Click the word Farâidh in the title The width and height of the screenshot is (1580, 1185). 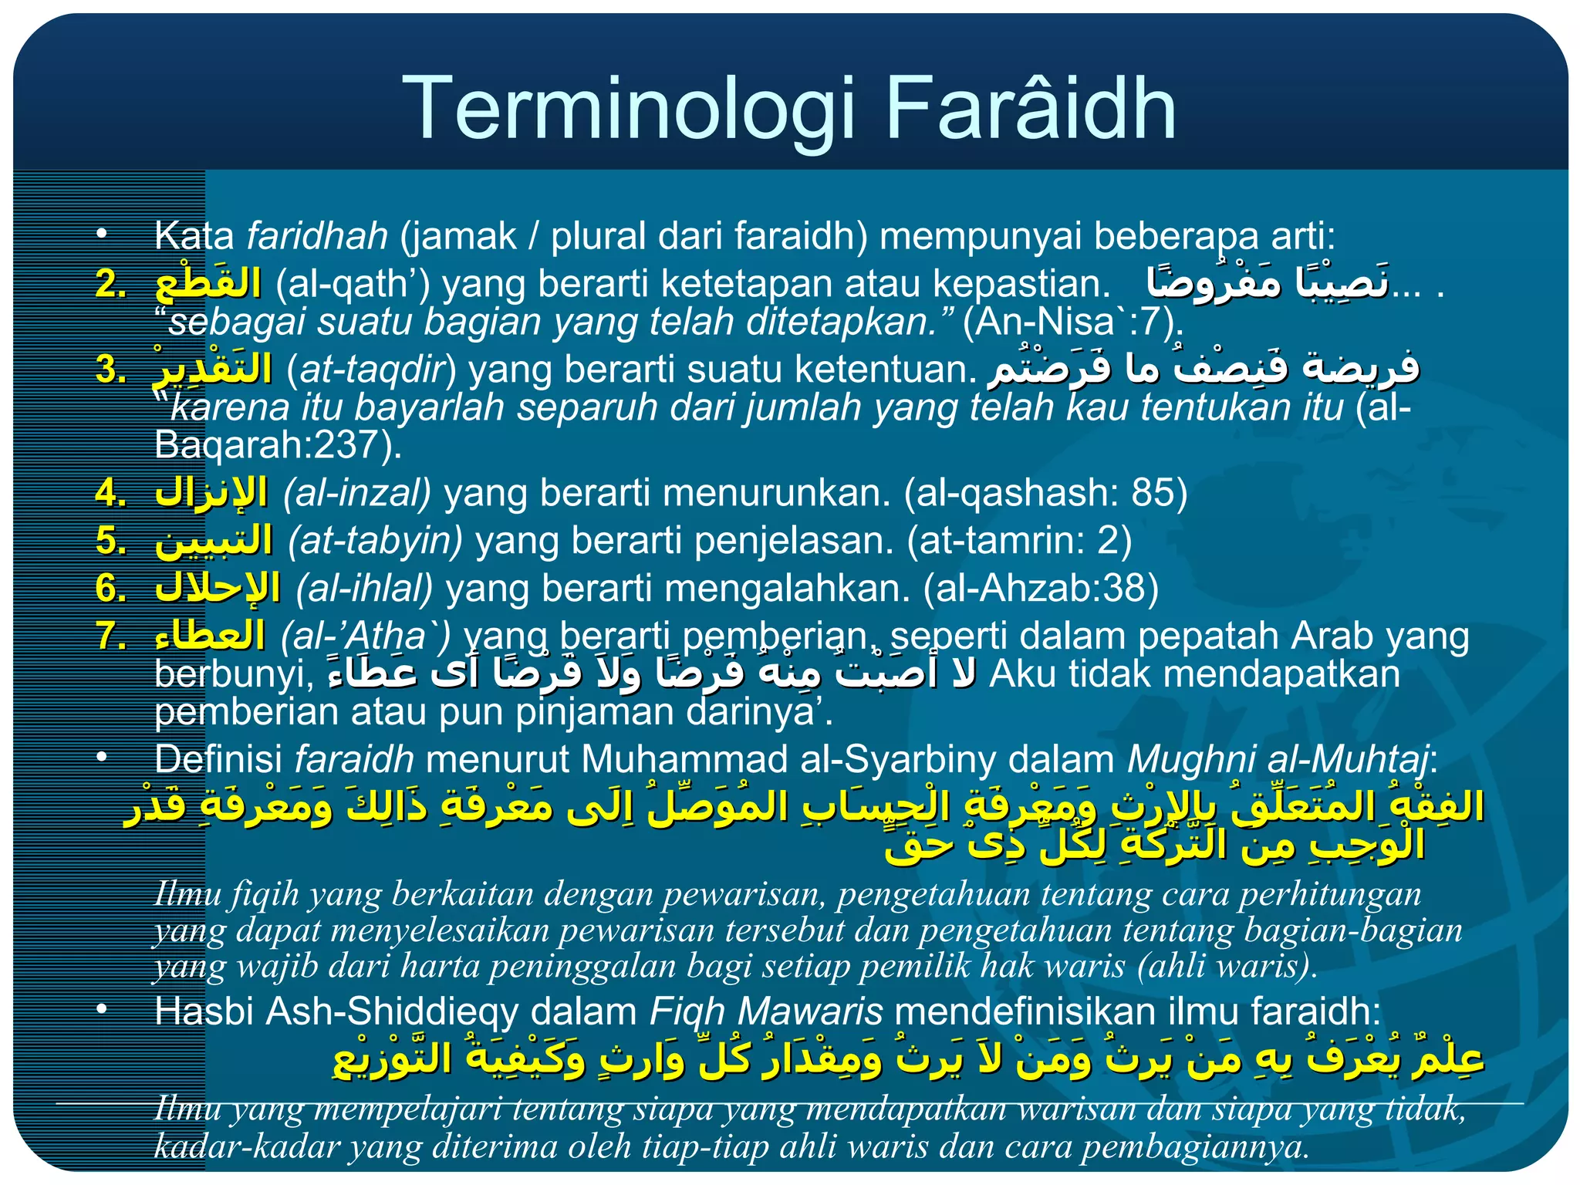[1031, 110]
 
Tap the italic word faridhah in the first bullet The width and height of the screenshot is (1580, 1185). [317, 236]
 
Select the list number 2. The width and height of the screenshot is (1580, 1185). [110, 284]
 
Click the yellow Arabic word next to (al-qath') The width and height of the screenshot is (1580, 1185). [208, 283]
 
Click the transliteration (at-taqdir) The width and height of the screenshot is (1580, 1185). [371, 369]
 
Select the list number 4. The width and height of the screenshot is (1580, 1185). [110, 493]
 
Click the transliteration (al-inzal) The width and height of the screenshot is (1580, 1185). [356, 493]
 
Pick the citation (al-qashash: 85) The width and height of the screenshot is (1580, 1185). [1045, 493]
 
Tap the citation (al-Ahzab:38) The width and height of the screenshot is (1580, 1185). [1041, 589]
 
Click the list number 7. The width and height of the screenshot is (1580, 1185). [110, 636]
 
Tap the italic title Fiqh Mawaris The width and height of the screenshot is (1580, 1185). [765, 1011]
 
